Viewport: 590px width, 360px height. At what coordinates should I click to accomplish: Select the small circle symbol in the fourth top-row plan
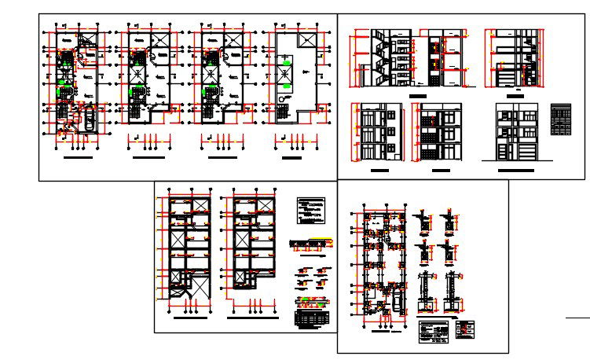coord(281,99)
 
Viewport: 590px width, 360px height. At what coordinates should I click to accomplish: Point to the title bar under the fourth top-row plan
coord(291,158)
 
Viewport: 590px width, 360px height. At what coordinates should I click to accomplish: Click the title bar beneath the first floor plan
coord(77,158)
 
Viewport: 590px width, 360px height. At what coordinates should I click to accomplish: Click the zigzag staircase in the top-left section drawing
coord(375,60)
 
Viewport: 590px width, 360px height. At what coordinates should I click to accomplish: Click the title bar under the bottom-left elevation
coord(380,170)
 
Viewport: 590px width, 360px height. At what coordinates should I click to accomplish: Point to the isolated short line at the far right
coord(577,318)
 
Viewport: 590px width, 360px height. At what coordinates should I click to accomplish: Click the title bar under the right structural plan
coord(251,319)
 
